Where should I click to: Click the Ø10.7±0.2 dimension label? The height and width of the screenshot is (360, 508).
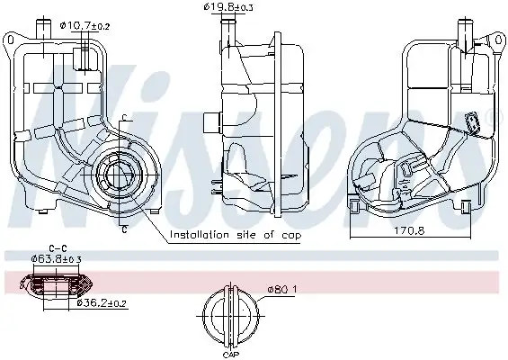click(x=85, y=26)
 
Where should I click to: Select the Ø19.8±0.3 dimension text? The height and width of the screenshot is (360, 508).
click(x=228, y=8)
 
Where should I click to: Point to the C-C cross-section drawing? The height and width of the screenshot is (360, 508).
click(x=58, y=285)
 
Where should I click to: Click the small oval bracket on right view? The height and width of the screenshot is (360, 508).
click(x=470, y=122)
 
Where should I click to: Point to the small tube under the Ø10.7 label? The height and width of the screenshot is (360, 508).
click(x=83, y=57)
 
